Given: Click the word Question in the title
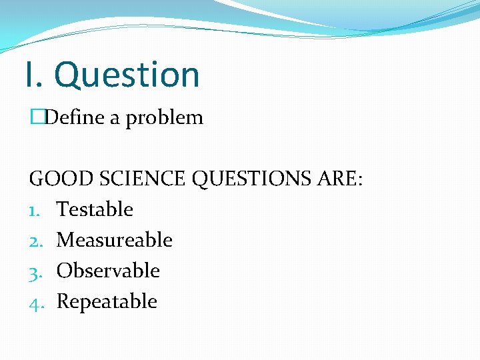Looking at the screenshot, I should click(127, 75).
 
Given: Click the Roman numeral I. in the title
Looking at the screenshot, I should click(34, 75).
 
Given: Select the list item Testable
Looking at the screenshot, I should click(95, 209).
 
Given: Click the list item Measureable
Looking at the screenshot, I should click(115, 240).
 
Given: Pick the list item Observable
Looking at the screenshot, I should click(108, 271).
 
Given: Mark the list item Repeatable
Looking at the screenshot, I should click(107, 301).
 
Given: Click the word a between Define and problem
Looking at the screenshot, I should click(115, 119).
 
